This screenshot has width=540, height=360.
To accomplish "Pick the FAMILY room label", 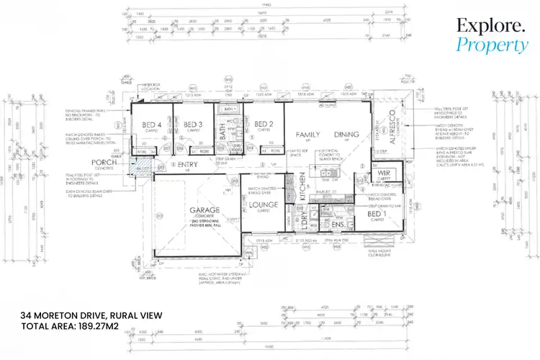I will pos(307,135).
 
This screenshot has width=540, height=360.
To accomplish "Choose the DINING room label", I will pos(346,135).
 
